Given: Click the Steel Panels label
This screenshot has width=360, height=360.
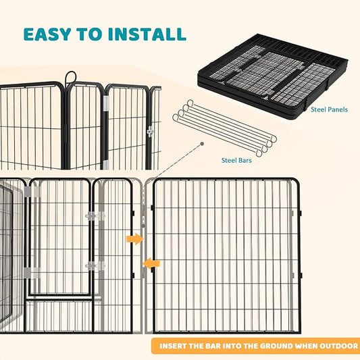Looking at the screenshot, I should click(x=330, y=108).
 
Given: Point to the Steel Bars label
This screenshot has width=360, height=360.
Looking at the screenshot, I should click(x=238, y=160).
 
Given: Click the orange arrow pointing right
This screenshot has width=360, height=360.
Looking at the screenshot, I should click(x=134, y=238).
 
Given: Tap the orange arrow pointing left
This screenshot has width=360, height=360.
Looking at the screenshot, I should click(x=152, y=263).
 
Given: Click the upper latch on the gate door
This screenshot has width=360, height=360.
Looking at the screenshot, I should click(x=95, y=216).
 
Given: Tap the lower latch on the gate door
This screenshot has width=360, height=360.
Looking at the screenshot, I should click(x=95, y=265).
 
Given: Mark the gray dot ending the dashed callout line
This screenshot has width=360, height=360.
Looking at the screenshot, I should click(x=202, y=144).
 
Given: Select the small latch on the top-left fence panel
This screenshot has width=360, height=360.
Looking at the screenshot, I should click(x=150, y=131).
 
